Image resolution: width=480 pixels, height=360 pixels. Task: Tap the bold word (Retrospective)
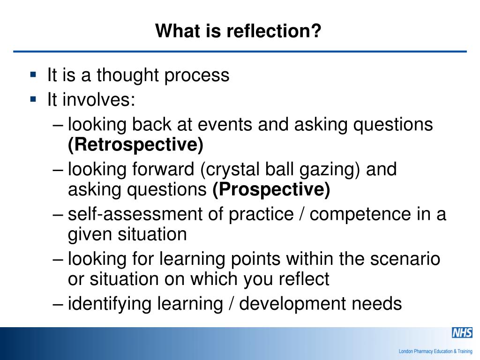tap(135, 145)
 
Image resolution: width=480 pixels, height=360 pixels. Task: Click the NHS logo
tap(461, 332)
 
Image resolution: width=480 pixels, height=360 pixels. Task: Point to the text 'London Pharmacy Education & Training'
tap(435, 351)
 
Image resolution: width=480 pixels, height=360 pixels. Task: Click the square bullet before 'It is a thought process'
tap(33, 74)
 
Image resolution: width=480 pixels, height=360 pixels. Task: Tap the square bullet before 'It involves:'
tap(33, 98)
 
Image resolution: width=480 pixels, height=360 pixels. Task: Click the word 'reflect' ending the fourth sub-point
tap(304, 279)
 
